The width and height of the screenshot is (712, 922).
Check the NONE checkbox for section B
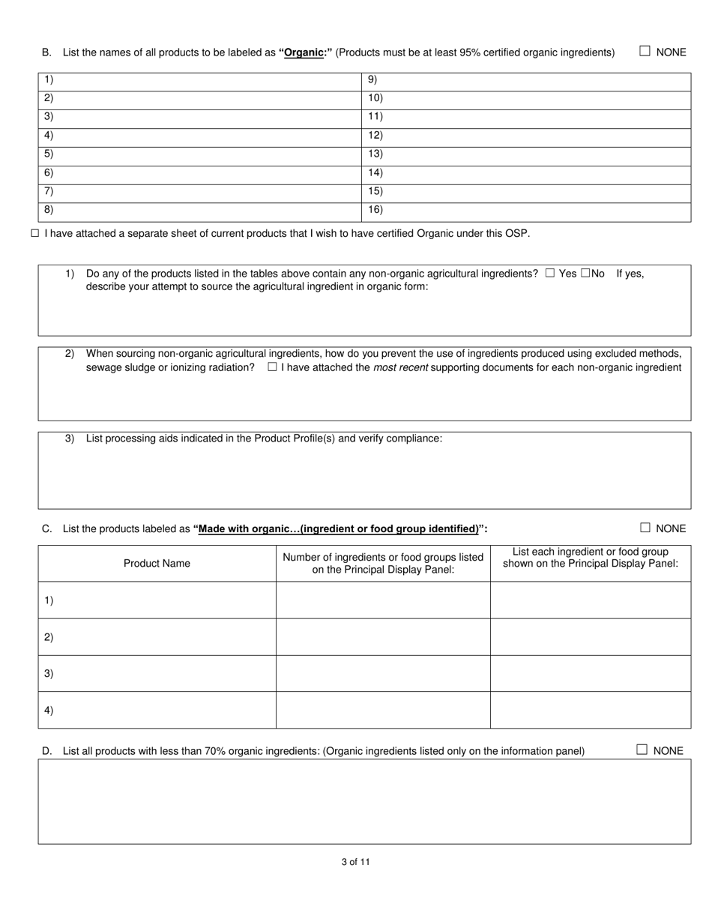pos(645,51)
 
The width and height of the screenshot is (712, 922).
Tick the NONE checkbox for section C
pos(645,528)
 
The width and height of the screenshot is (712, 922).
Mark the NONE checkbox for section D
pos(642,750)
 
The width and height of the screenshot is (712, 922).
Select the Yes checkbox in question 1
pos(550,274)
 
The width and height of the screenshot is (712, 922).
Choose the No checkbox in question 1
pos(585,274)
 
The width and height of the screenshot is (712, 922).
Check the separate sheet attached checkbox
pos(34,234)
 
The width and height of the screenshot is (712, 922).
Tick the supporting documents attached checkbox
pos(272,367)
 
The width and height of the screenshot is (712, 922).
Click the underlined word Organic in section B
pos(304,52)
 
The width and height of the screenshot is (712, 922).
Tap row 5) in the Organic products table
pos(199,154)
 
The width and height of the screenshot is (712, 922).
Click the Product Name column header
pos(157,564)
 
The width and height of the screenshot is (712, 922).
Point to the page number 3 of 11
pos(355,862)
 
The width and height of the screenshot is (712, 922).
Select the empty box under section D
pos(364,801)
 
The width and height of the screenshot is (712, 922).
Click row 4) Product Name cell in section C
pos(157,710)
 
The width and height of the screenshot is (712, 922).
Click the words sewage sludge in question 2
pos(119,367)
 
